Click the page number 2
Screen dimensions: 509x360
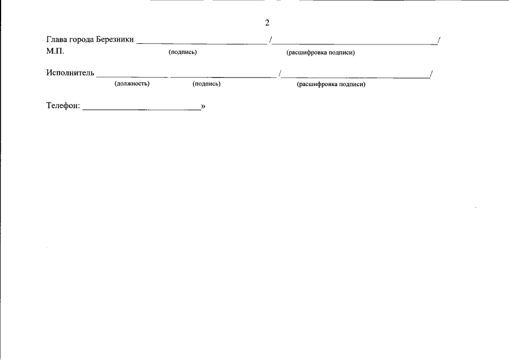267,22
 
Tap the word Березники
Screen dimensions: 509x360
115,39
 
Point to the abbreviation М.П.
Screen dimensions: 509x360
55,51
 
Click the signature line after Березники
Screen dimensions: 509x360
202,43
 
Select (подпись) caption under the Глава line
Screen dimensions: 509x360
182,52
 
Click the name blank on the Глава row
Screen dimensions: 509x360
354,43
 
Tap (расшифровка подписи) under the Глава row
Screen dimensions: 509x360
321,52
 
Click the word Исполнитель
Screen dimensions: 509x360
70,73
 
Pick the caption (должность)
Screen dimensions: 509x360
132,83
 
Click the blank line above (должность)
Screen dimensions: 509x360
132,77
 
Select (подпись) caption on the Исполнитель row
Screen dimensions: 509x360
206,84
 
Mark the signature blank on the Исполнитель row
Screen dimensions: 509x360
223,77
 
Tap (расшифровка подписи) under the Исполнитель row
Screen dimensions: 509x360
331,84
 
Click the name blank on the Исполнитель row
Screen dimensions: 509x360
356,77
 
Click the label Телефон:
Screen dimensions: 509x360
63,106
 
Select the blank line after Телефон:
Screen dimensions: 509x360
142,110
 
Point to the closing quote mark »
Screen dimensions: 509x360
203,106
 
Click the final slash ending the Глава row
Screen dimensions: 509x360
439,40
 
